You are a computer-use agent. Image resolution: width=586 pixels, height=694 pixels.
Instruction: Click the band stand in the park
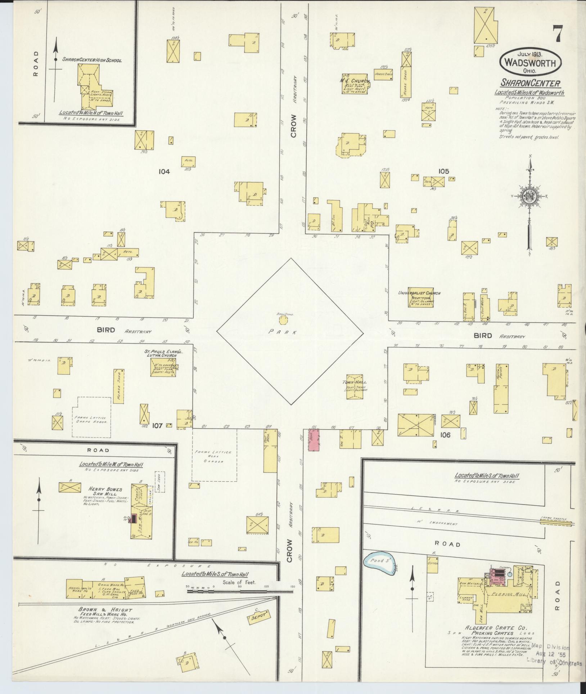(x=283, y=320)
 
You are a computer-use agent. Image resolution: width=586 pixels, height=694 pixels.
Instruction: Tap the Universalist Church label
(x=419, y=293)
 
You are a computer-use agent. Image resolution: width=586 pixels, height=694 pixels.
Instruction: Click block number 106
(x=445, y=435)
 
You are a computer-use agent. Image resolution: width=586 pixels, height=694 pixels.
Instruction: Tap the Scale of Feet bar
(x=239, y=591)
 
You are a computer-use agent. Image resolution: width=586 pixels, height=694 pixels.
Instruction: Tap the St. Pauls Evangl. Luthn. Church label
(x=164, y=353)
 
